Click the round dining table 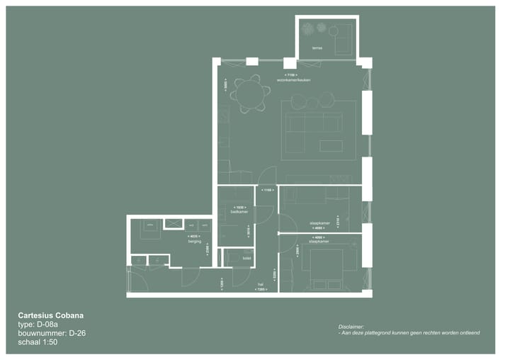(249, 94)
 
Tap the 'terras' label (317, 49)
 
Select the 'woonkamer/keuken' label (294, 80)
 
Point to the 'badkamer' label (239, 212)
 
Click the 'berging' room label (194, 242)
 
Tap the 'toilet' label (247, 259)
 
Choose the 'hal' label (261, 284)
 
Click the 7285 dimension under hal (261, 290)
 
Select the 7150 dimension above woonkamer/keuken (290, 74)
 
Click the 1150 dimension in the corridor (266, 191)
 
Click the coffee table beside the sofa (331, 145)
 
